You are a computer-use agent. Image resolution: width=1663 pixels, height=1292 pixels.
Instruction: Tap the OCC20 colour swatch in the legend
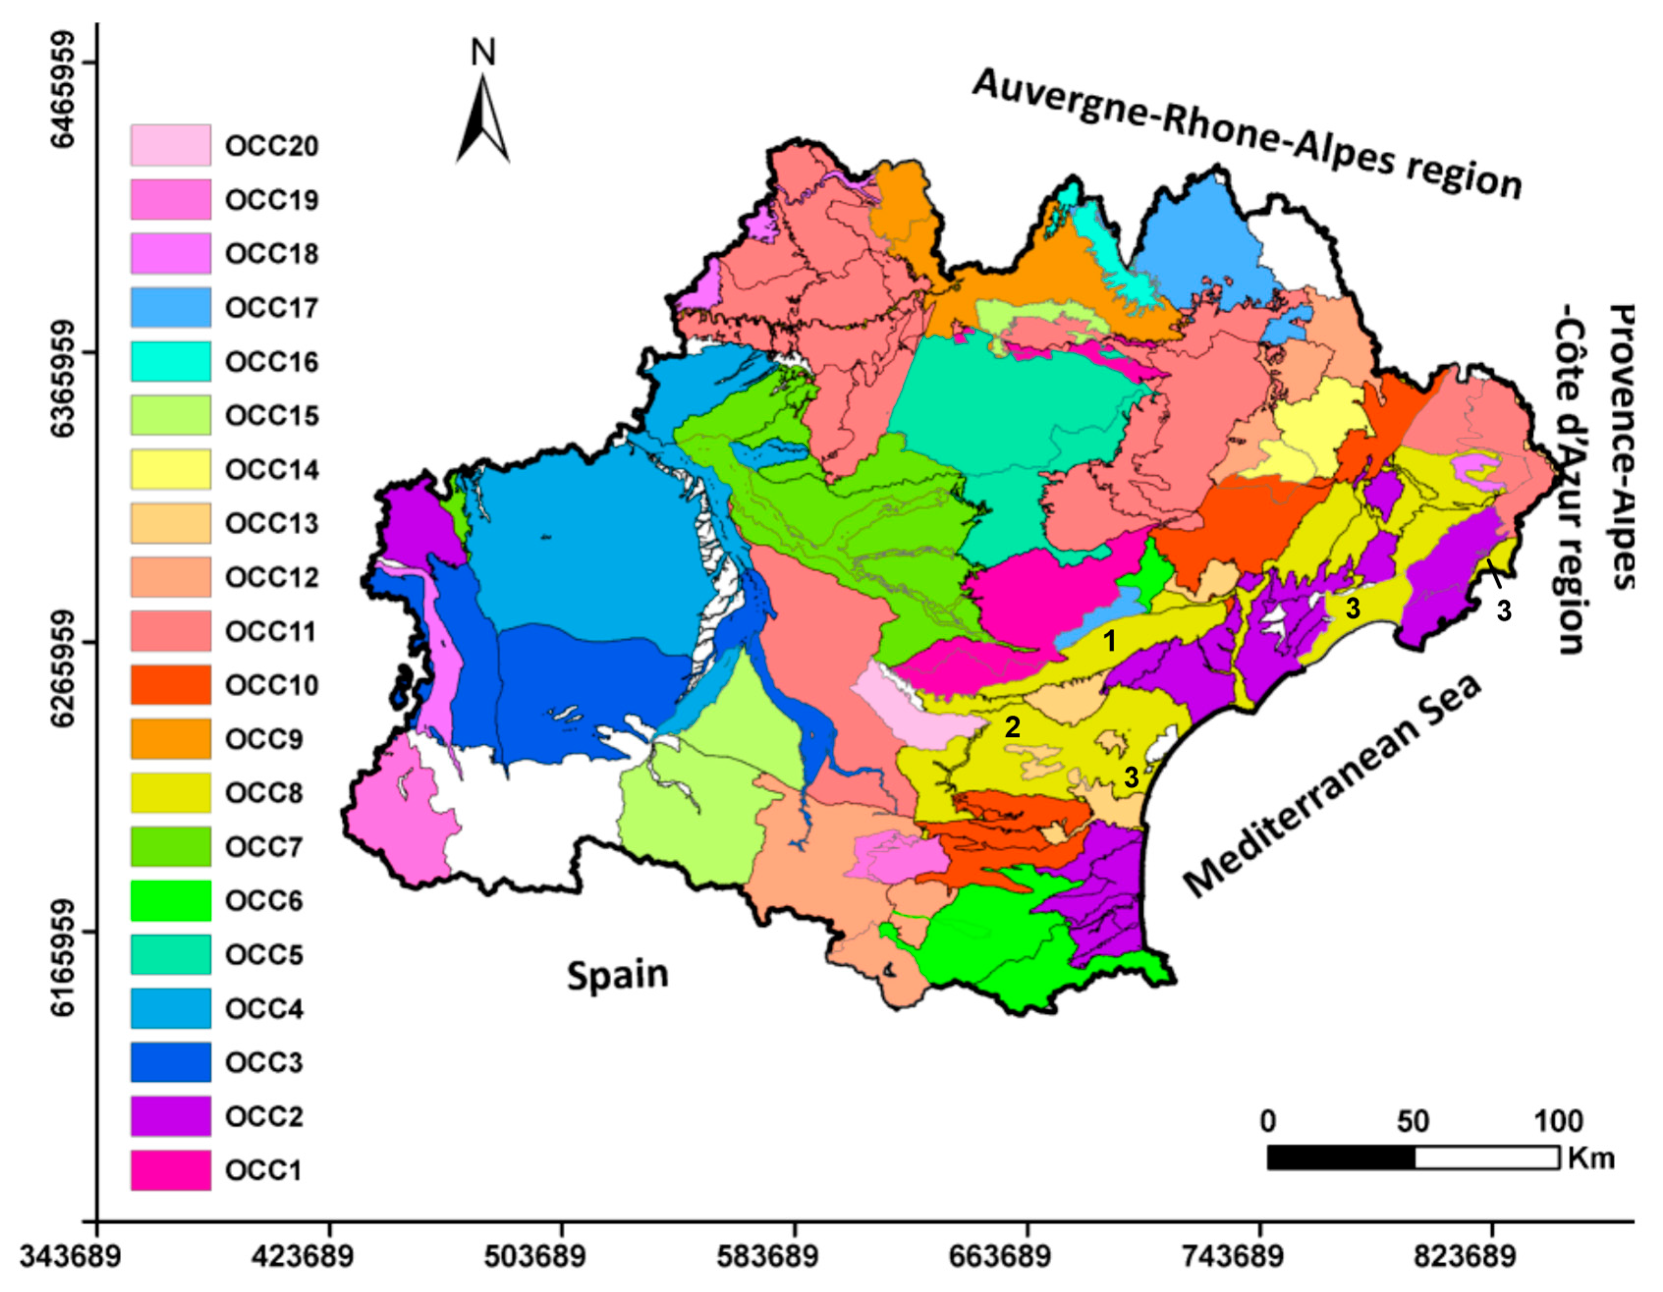click(x=170, y=145)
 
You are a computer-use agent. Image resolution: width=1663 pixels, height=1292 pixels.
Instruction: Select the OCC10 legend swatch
click(x=170, y=684)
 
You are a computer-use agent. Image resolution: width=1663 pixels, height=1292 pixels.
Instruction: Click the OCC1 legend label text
click(x=264, y=1170)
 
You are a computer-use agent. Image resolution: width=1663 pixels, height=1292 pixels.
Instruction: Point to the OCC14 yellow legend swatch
click(x=170, y=469)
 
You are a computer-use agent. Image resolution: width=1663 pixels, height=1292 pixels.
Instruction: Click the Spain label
click(x=618, y=975)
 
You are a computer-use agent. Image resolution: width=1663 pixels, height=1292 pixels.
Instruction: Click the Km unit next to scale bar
click(x=1591, y=1158)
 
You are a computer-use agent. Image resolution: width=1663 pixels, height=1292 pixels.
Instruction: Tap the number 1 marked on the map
click(x=1110, y=641)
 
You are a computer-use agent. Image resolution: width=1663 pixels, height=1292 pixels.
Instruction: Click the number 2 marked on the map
click(x=1012, y=727)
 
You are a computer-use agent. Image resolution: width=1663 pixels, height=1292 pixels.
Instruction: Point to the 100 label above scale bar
click(x=1558, y=1122)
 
